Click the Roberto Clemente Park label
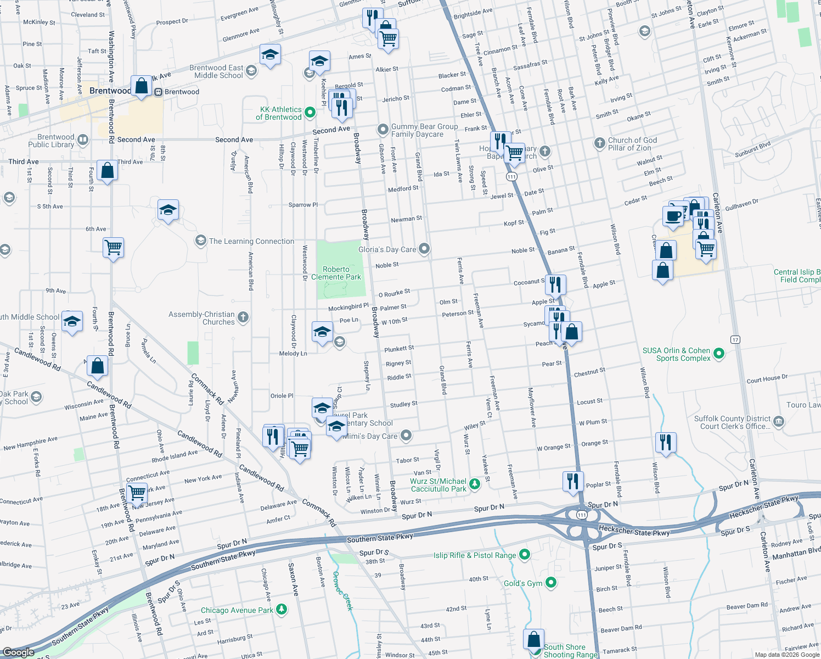coord(336,273)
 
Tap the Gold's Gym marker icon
coord(551,583)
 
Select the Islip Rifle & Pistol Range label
coord(475,555)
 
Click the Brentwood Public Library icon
coord(83,139)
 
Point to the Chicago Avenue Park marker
coord(282,609)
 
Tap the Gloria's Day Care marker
coord(424,249)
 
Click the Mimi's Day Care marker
coord(406,435)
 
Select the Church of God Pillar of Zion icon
coord(600,143)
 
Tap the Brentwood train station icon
coord(159,92)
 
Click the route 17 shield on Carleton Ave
coord(735,339)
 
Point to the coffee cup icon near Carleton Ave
coord(673,216)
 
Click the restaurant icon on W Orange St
coord(665,442)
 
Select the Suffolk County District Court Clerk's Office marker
coord(779,422)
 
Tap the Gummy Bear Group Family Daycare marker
coord(383,130)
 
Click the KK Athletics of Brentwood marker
coord(310,113)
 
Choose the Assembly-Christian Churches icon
coord(243,317)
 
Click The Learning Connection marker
coord(201,241)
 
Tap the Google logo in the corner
coord(18,652)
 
